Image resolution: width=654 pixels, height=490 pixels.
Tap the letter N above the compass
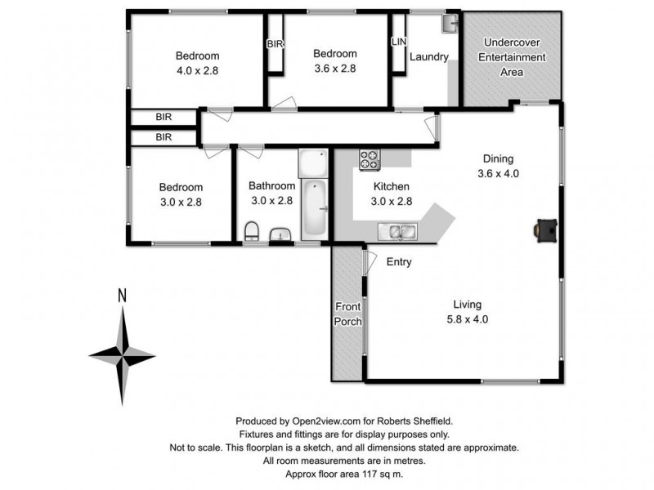tap(122, 296)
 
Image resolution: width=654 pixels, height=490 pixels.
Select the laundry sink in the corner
tap(450, 24)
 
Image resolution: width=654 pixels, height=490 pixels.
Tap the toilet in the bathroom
tap(252, 232)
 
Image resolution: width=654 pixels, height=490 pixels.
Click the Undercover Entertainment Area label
tap(513, 57)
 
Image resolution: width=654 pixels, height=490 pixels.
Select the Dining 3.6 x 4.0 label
tap(499, 166)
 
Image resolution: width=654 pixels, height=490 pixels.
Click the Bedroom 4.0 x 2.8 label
tap(198, 63)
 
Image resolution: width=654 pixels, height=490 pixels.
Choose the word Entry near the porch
tap(399, 262)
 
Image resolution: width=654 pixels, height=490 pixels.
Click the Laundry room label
tap(429, 57)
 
